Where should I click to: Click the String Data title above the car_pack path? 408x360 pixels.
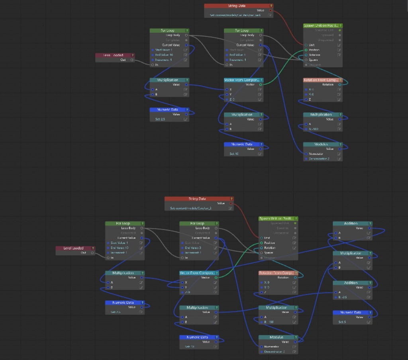point(236,6)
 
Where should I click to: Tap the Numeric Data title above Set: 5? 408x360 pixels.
point(351,313)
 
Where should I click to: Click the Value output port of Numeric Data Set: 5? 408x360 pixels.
point(370,317)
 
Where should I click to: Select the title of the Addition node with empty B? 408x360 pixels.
point(351,223)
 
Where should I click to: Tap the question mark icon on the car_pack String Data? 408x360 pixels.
point(271,6)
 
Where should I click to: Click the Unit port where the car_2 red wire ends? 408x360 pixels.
point(261,238)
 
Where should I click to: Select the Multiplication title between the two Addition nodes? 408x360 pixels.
point(351,253)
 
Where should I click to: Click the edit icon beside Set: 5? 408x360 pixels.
point(369,322)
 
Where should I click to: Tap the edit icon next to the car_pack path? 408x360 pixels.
point(270,15)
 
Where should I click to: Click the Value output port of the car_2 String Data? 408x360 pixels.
point(231,203)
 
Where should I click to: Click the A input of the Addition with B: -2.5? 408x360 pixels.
point(335,292)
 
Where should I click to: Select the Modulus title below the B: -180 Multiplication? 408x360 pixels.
point(321,144)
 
